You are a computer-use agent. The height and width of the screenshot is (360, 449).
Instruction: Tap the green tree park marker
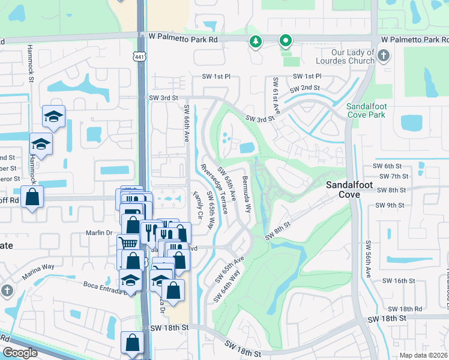[x=256, y=41]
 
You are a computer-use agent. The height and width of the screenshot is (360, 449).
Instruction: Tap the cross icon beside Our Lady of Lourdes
[x=384, y=56]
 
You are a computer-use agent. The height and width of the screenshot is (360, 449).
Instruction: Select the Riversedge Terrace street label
[x=214, y=188]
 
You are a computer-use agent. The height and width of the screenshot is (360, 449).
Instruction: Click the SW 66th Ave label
[x=186, y=123]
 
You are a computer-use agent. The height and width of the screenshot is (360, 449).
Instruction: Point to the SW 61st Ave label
[x=277, y=95]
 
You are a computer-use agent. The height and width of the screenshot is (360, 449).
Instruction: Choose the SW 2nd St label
[x=304, y=89]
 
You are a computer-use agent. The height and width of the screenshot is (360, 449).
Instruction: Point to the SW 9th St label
[x=390, y=205]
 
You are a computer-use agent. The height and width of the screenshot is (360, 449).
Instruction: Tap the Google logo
[x=20, y=353]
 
